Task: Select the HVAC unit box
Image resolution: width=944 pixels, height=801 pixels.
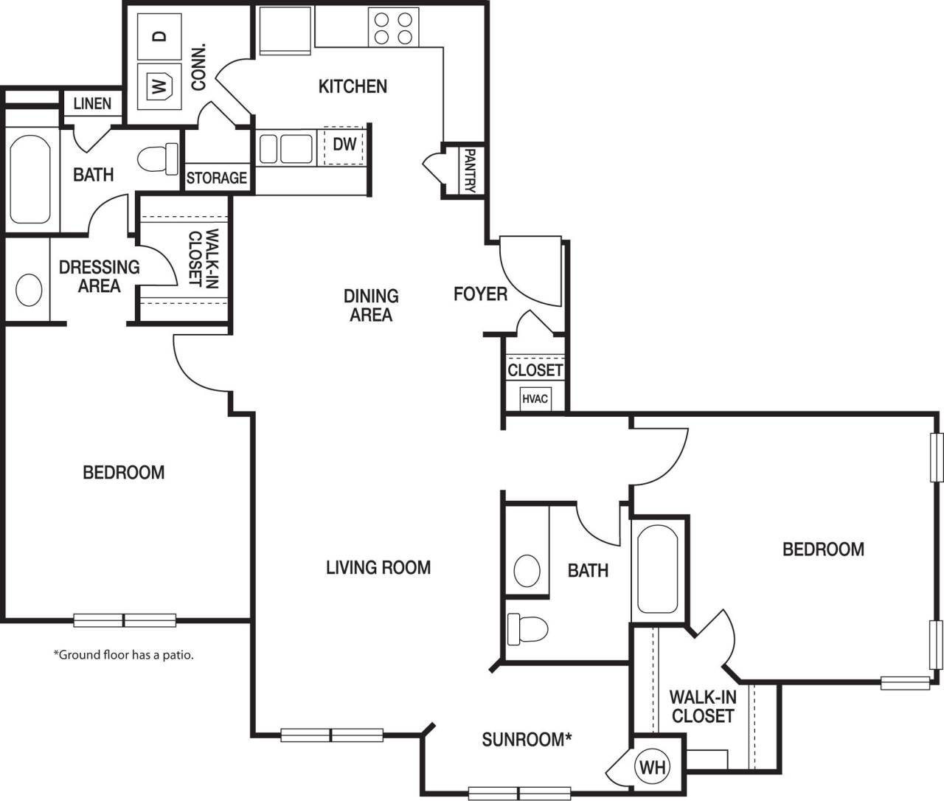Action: pyautogui.click(x=535, y=399)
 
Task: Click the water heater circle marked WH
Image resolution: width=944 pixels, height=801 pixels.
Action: pyautogui.click(x=652, y=767)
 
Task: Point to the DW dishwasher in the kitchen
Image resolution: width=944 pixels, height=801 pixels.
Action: pyautogui.click(x=344, y=145)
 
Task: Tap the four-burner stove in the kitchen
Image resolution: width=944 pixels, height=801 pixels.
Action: pyautogui.click(x=393, y=28)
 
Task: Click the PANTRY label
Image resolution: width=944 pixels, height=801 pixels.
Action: pyautogui.click(x=469, y=169)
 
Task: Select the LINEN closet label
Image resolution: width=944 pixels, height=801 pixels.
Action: pyautogui.click(x=92, y=104)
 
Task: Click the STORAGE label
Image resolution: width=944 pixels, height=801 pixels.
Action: pyautogui.click(x=216, y=178)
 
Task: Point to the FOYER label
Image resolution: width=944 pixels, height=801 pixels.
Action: pyautogui.click(x=480, y=294)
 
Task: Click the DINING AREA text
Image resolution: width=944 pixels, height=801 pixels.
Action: pyautogui.click(x=371, y=305)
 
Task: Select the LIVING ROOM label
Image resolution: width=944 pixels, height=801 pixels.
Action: pyautogui.click(x=378, y=567)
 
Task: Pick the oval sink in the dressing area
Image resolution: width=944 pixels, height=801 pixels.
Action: pyautogui.click(x=29, y=290)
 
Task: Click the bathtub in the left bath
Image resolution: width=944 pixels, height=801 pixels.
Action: pyautogui.click(x=30, y=178)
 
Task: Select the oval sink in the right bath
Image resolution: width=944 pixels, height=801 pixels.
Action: pyautogui.click(x=527, y=570)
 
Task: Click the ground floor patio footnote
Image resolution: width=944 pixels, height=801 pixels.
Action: pyautogui.click(x=123, y=654)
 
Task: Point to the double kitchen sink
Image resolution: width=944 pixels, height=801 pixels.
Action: pyautogui.click(x=285, y=147)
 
